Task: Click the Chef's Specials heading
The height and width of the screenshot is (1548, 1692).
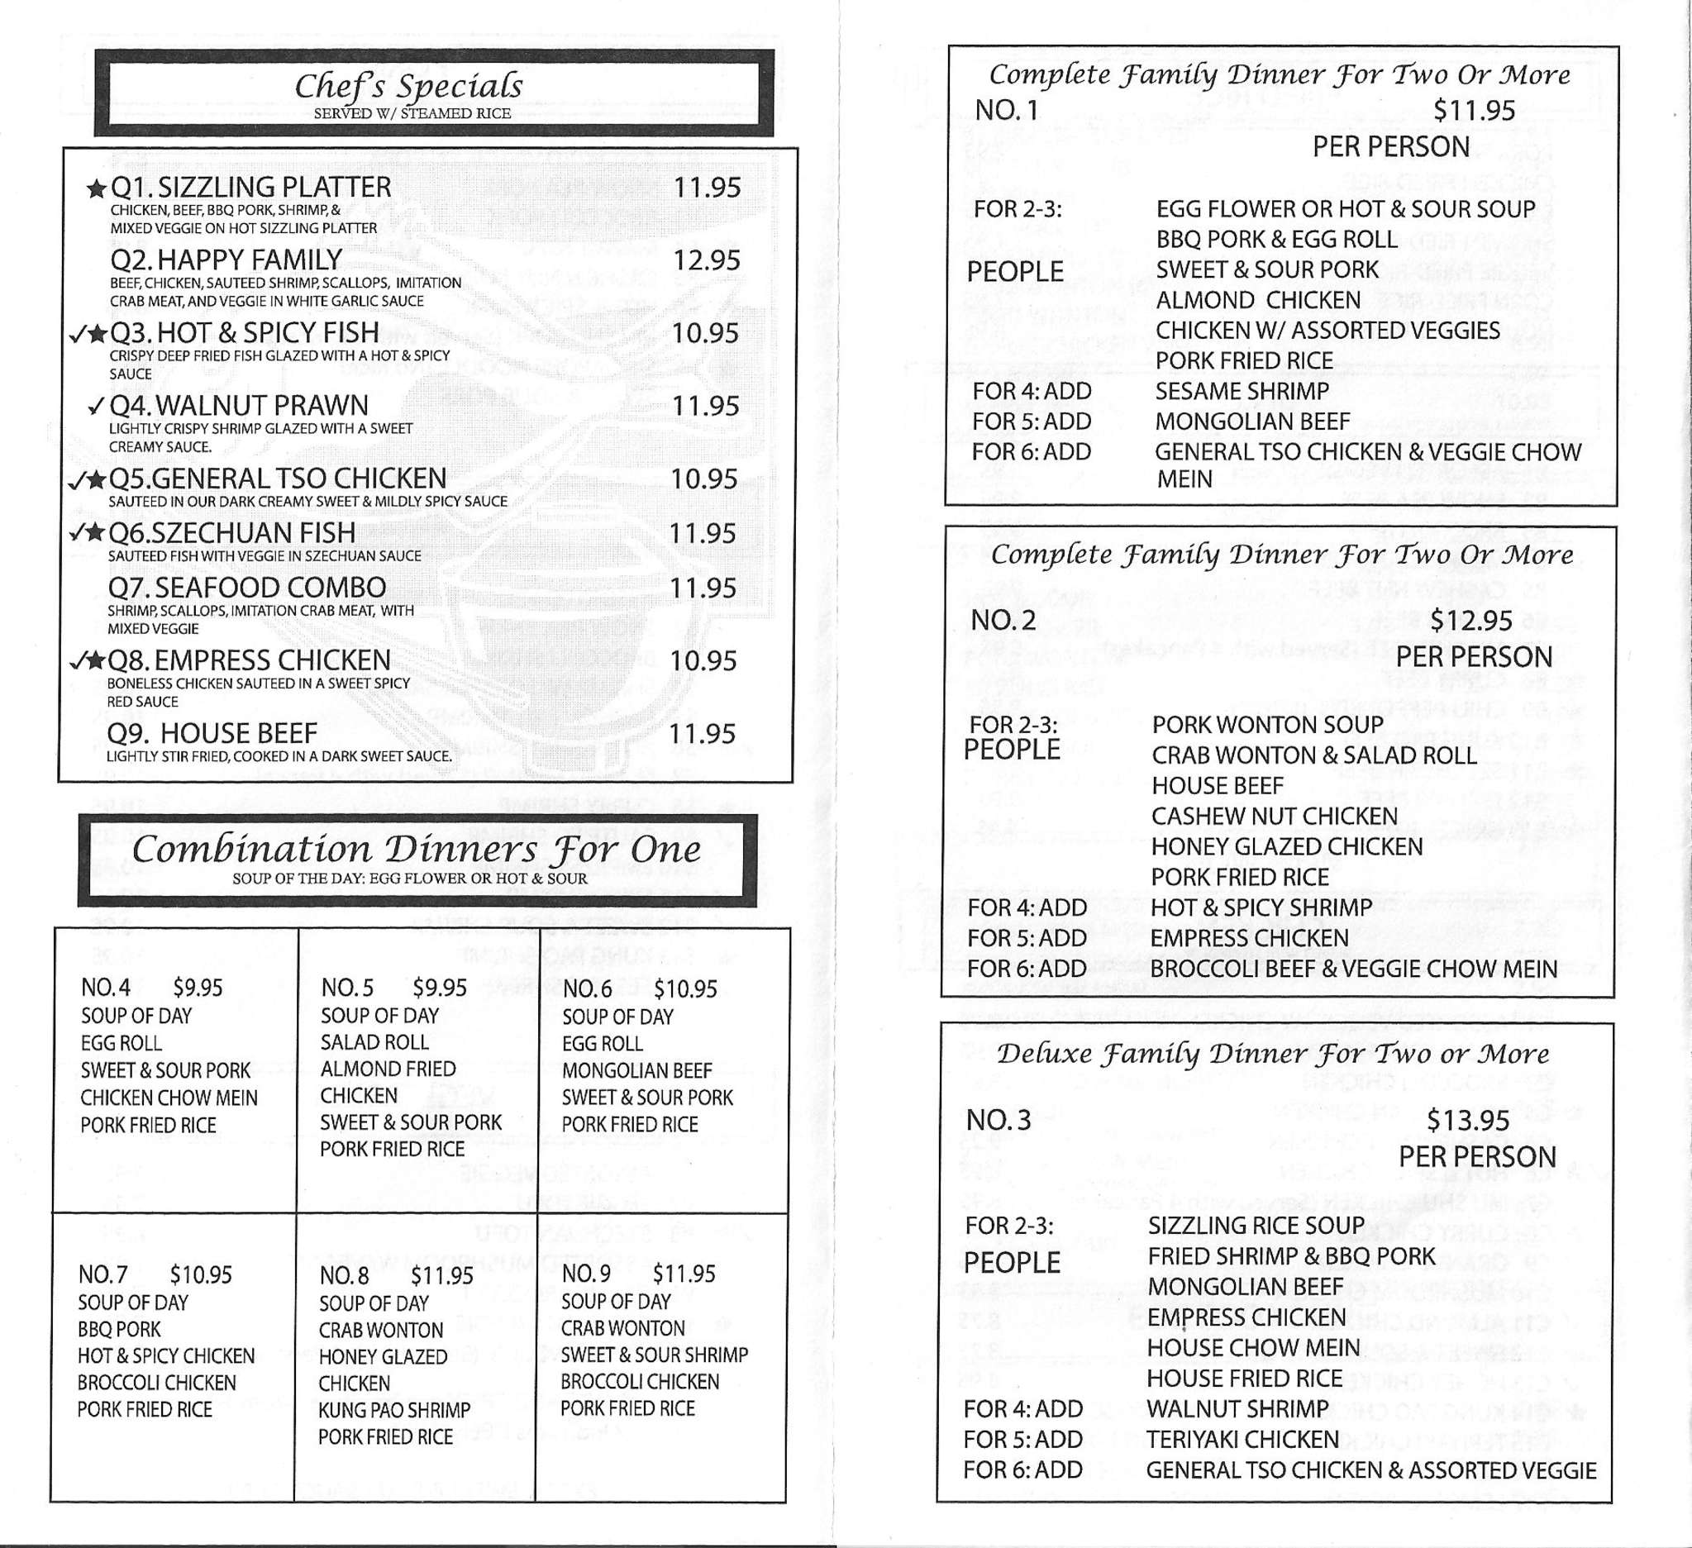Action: (408, 87)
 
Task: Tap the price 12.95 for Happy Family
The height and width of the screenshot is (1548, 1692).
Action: (706, 261)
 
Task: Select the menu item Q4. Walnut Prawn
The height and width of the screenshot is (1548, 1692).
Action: (239, 406)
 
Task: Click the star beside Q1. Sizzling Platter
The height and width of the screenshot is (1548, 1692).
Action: (97, 188)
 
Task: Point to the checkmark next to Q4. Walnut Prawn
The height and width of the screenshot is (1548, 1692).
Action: (96, 407)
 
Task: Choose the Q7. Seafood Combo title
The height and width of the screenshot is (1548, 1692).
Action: (247, 588)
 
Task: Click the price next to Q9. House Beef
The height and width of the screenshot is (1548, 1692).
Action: (702, 734)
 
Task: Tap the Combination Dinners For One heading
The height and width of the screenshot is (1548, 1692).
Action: (417, 850)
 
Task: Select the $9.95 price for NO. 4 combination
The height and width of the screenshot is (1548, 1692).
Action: (198, 988)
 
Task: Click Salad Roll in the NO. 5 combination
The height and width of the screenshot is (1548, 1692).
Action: (374, 1042)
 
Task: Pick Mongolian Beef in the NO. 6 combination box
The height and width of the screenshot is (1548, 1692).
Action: (636, 1070)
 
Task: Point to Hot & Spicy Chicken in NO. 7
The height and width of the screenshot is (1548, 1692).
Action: (165, 1356)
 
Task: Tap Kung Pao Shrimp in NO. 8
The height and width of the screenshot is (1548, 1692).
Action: (393, 1411)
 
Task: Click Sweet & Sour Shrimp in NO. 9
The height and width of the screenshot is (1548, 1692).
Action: (654, 1355)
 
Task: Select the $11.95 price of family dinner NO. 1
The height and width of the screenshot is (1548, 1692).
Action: (1474, 111)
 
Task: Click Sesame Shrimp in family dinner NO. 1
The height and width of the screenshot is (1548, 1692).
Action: (1242, 392)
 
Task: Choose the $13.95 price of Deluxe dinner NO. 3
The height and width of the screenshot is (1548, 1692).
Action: (1468, 1120)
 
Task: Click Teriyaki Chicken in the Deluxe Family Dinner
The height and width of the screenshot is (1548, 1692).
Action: (1242, 1440)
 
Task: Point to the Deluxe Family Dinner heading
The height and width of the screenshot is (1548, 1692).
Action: (1272, 1054)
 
